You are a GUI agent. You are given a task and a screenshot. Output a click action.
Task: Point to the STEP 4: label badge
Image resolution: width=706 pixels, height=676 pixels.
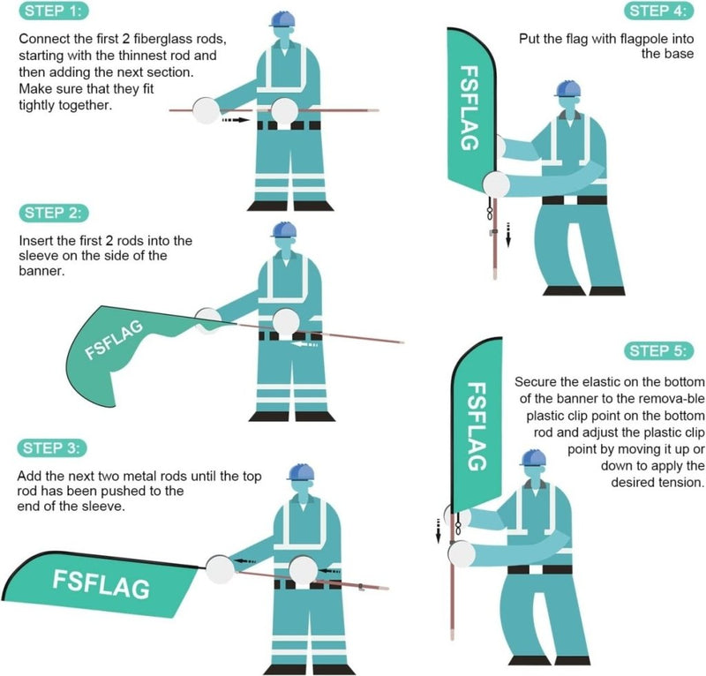coord(657,11)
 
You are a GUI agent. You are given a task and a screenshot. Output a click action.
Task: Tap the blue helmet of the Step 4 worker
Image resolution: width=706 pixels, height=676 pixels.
coord(568,89)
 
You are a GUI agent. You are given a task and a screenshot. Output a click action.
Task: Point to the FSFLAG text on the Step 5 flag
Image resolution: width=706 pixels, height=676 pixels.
coord(476,426)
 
